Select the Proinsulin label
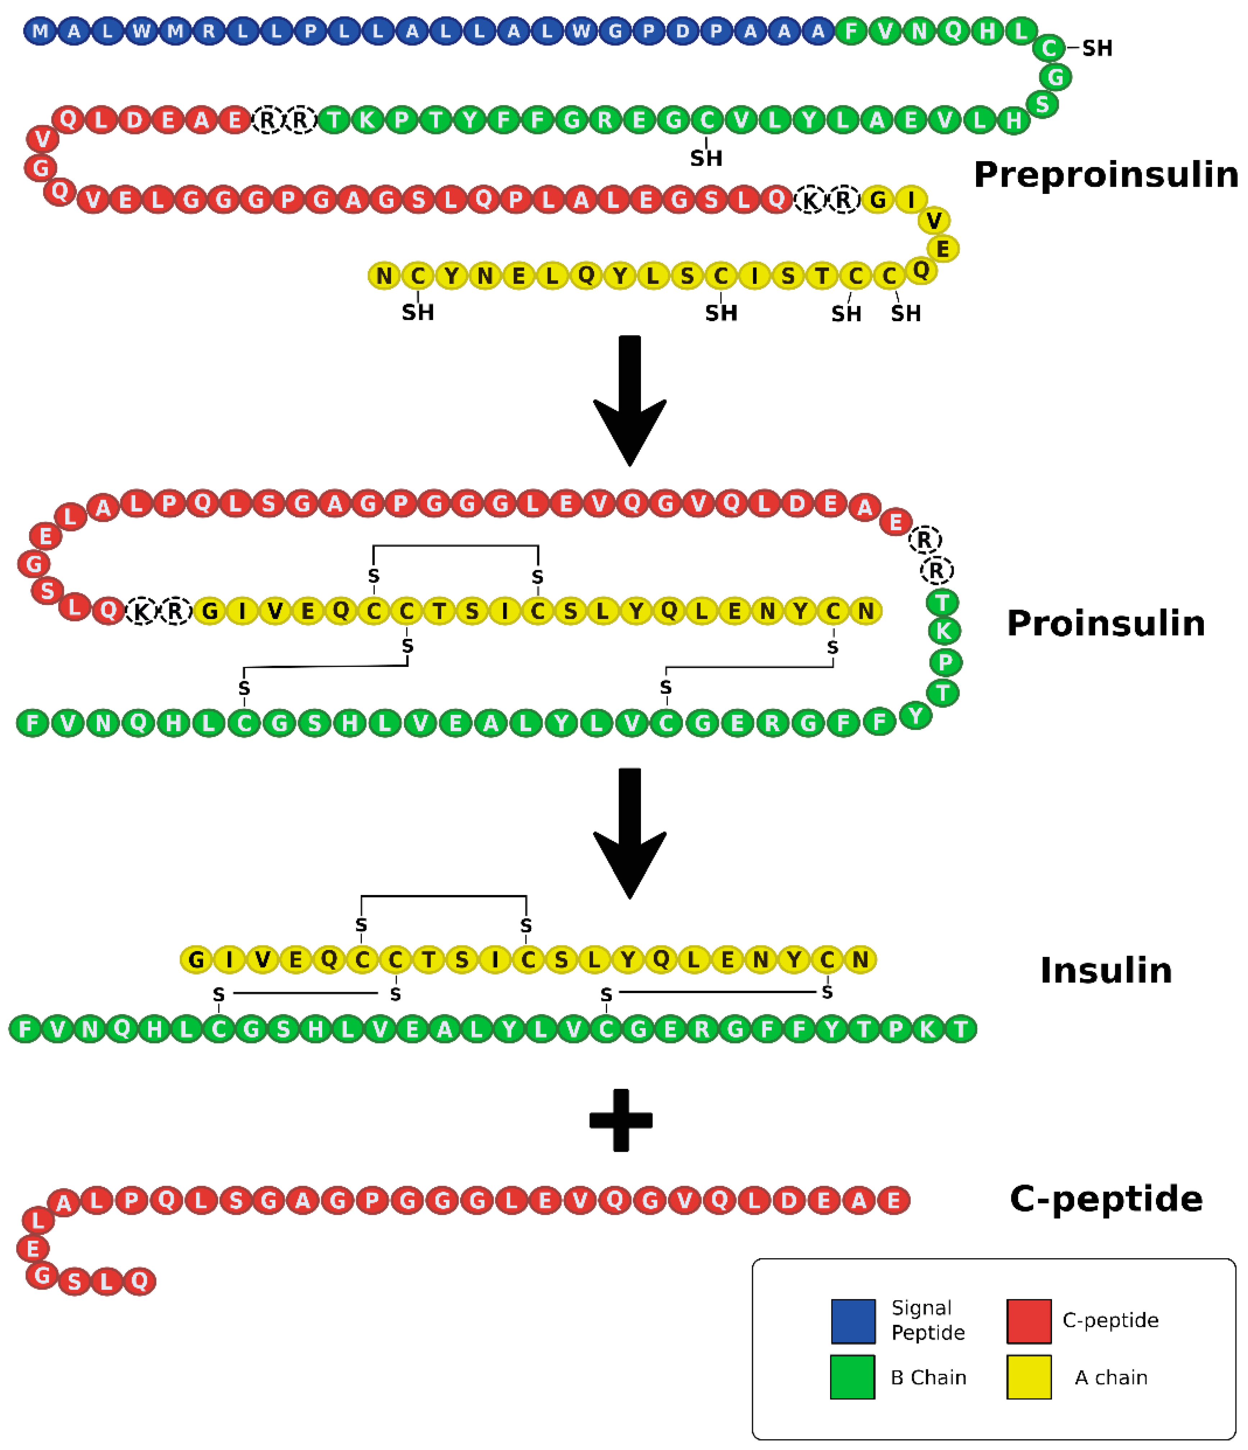[x=1105, y=623]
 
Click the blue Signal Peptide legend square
[x=853, y=1321]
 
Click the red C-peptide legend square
[x=1028, y=1321]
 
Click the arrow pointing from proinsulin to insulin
[x=630, y=833]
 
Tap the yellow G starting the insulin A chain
[x=197, y=959]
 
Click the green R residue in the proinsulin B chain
[x=772, y=723]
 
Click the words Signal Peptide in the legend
[x=928, y=1320]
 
